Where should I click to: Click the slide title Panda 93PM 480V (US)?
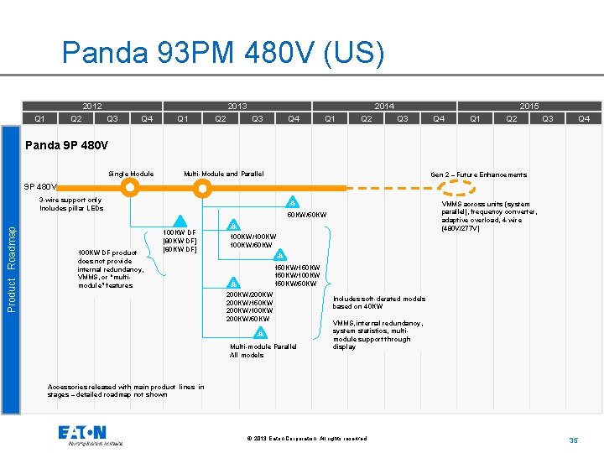[x=223, y=54]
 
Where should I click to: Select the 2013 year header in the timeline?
[x=237, y=107]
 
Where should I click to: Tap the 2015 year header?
[x=528, y=107]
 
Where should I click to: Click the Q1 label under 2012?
[x=39, y=118]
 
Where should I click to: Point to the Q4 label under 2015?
[x=584, y=118]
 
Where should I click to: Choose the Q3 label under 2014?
[x=402, y=118]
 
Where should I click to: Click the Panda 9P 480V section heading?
[x=67, y=145]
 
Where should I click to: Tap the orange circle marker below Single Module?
[x=130, y=189]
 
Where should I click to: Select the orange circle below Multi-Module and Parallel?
[x=204, y=189]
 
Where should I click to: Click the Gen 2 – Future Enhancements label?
[x=478, y=174]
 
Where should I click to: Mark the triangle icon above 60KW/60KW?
[x=292, y=202]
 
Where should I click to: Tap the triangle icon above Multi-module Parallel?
[x=262, y=332]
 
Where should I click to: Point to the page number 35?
[x=574, y=440]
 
